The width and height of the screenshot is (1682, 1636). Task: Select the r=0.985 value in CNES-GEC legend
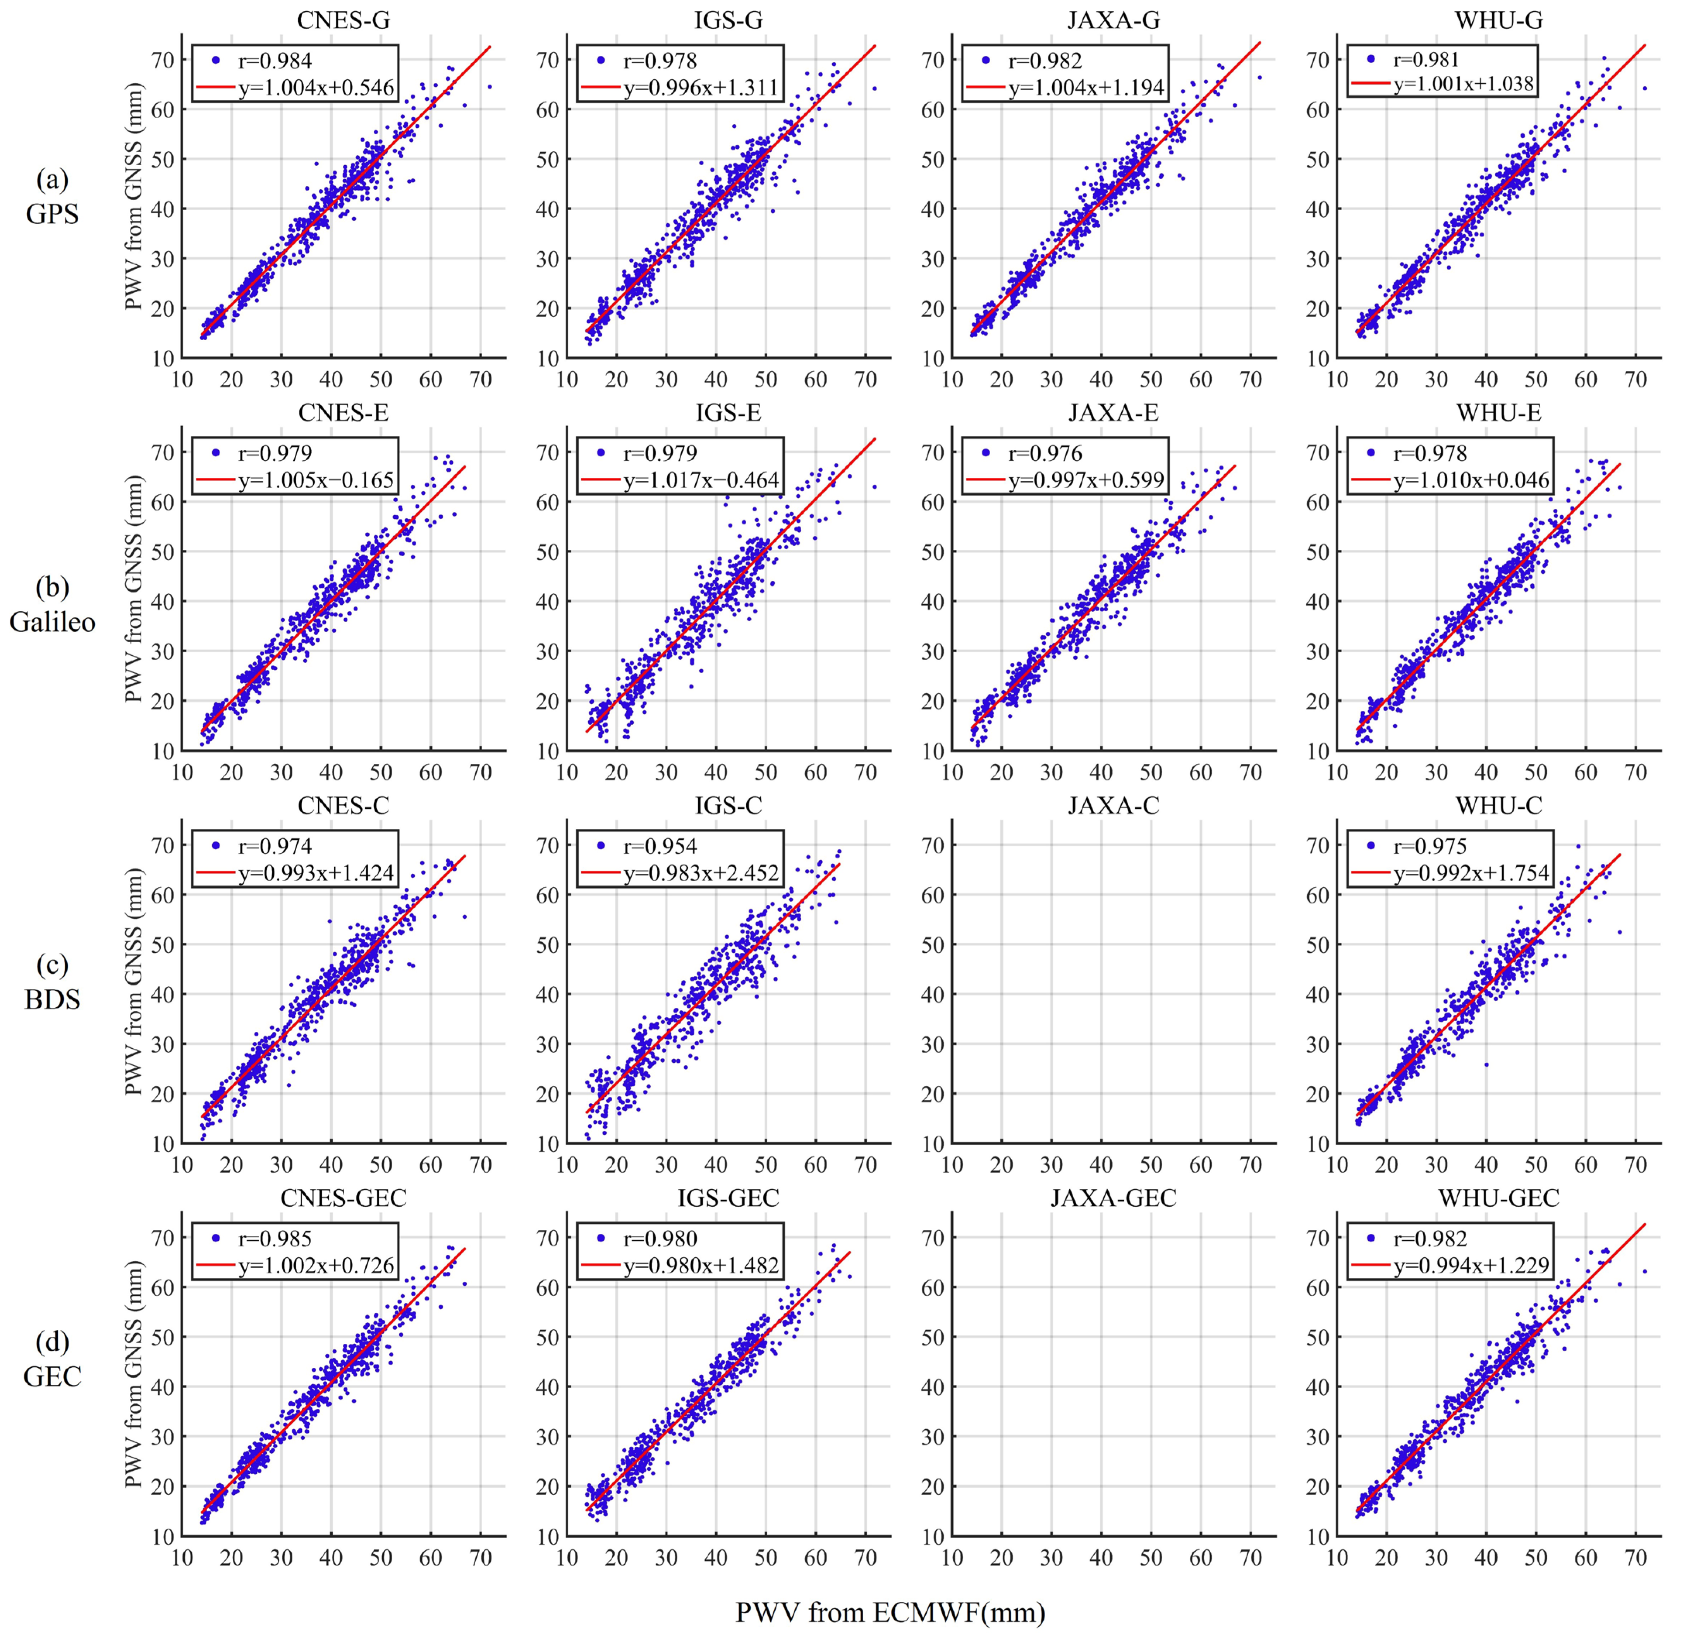275,1239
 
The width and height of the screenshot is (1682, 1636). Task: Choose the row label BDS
52,999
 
